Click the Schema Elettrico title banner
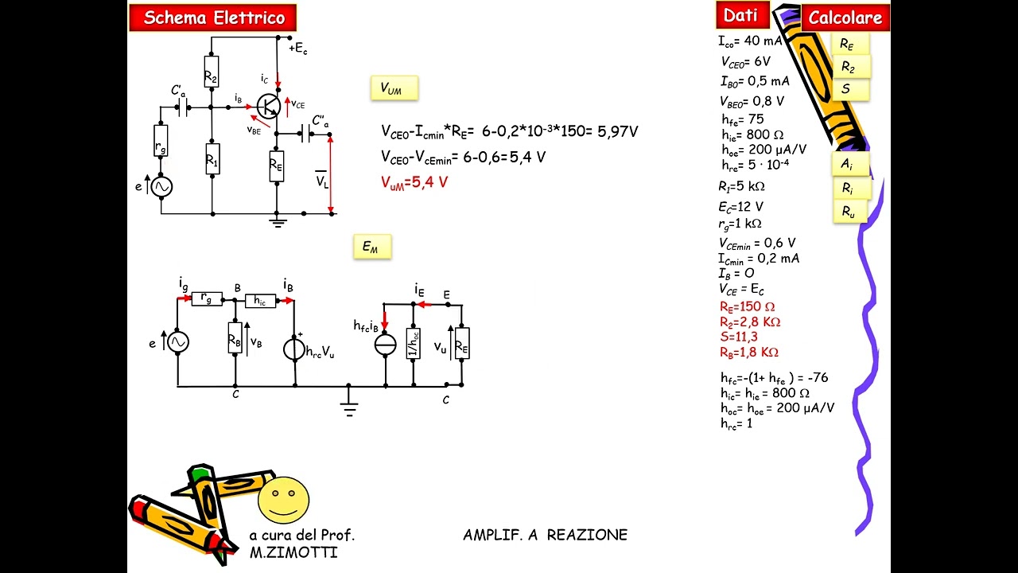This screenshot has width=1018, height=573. click(x=213, y=18)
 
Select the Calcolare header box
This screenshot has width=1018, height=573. click(x=845, y=18)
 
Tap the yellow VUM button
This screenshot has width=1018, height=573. click(x=394, y=88)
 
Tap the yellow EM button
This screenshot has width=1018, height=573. click(x=371, y=247)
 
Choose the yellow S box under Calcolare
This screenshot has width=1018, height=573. click(x=847, y=89)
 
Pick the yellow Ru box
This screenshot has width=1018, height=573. click(x=849, y=212)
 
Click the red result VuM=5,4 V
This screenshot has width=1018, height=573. click(x=414, y=182)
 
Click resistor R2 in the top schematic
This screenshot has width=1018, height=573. click(x=211, y=73)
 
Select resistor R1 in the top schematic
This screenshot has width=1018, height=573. click(x=212, y=160)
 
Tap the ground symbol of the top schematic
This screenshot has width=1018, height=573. click(x=277, y=222)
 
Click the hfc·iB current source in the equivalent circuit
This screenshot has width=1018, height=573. click(x=386, y=344)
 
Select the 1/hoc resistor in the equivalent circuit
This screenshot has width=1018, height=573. click(x=413, y=343)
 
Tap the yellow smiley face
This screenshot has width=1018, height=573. click(x=283, y=500)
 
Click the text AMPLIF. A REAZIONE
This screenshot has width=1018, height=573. click(x=545, y=535)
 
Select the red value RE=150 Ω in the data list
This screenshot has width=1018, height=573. click(x=747, y=307)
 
